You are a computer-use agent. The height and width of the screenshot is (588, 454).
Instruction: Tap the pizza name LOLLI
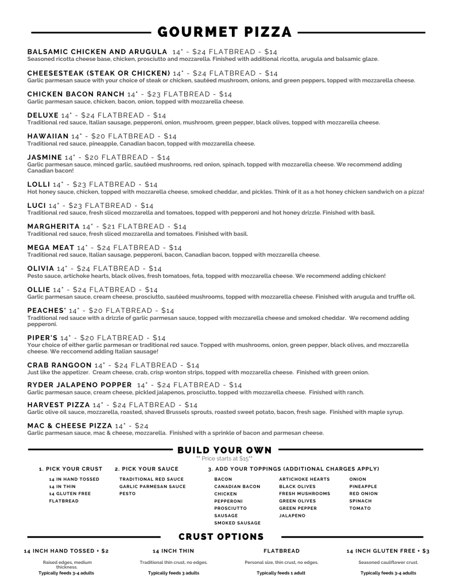click(38, 184)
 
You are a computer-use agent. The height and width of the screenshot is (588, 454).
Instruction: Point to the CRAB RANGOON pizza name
click(60, 365)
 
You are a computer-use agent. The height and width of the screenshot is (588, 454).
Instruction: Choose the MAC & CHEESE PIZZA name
click(70, 425)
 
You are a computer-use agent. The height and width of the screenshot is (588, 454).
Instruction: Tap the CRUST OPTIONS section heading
click(221, 536)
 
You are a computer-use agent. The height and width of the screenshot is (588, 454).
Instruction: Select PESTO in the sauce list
click(127, 494)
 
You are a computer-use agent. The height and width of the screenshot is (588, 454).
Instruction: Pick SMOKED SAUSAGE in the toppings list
click(237, 523)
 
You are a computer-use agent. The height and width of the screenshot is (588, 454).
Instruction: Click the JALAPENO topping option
click(292, 516)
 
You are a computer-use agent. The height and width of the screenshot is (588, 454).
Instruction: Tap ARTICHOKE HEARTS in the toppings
click(304, 479)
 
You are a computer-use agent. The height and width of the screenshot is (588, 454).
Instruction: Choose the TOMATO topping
click(360, 508)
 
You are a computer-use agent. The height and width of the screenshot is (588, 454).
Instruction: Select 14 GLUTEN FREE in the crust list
click(70, 494)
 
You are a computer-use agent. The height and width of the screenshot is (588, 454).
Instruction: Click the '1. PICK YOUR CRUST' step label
click(71, 469)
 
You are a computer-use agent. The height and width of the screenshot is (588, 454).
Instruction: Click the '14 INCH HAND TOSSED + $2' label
click(66, 551)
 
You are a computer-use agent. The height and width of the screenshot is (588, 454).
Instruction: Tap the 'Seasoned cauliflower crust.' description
click(389, 562)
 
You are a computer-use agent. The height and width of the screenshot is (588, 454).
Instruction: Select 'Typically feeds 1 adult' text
click(281, 572)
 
